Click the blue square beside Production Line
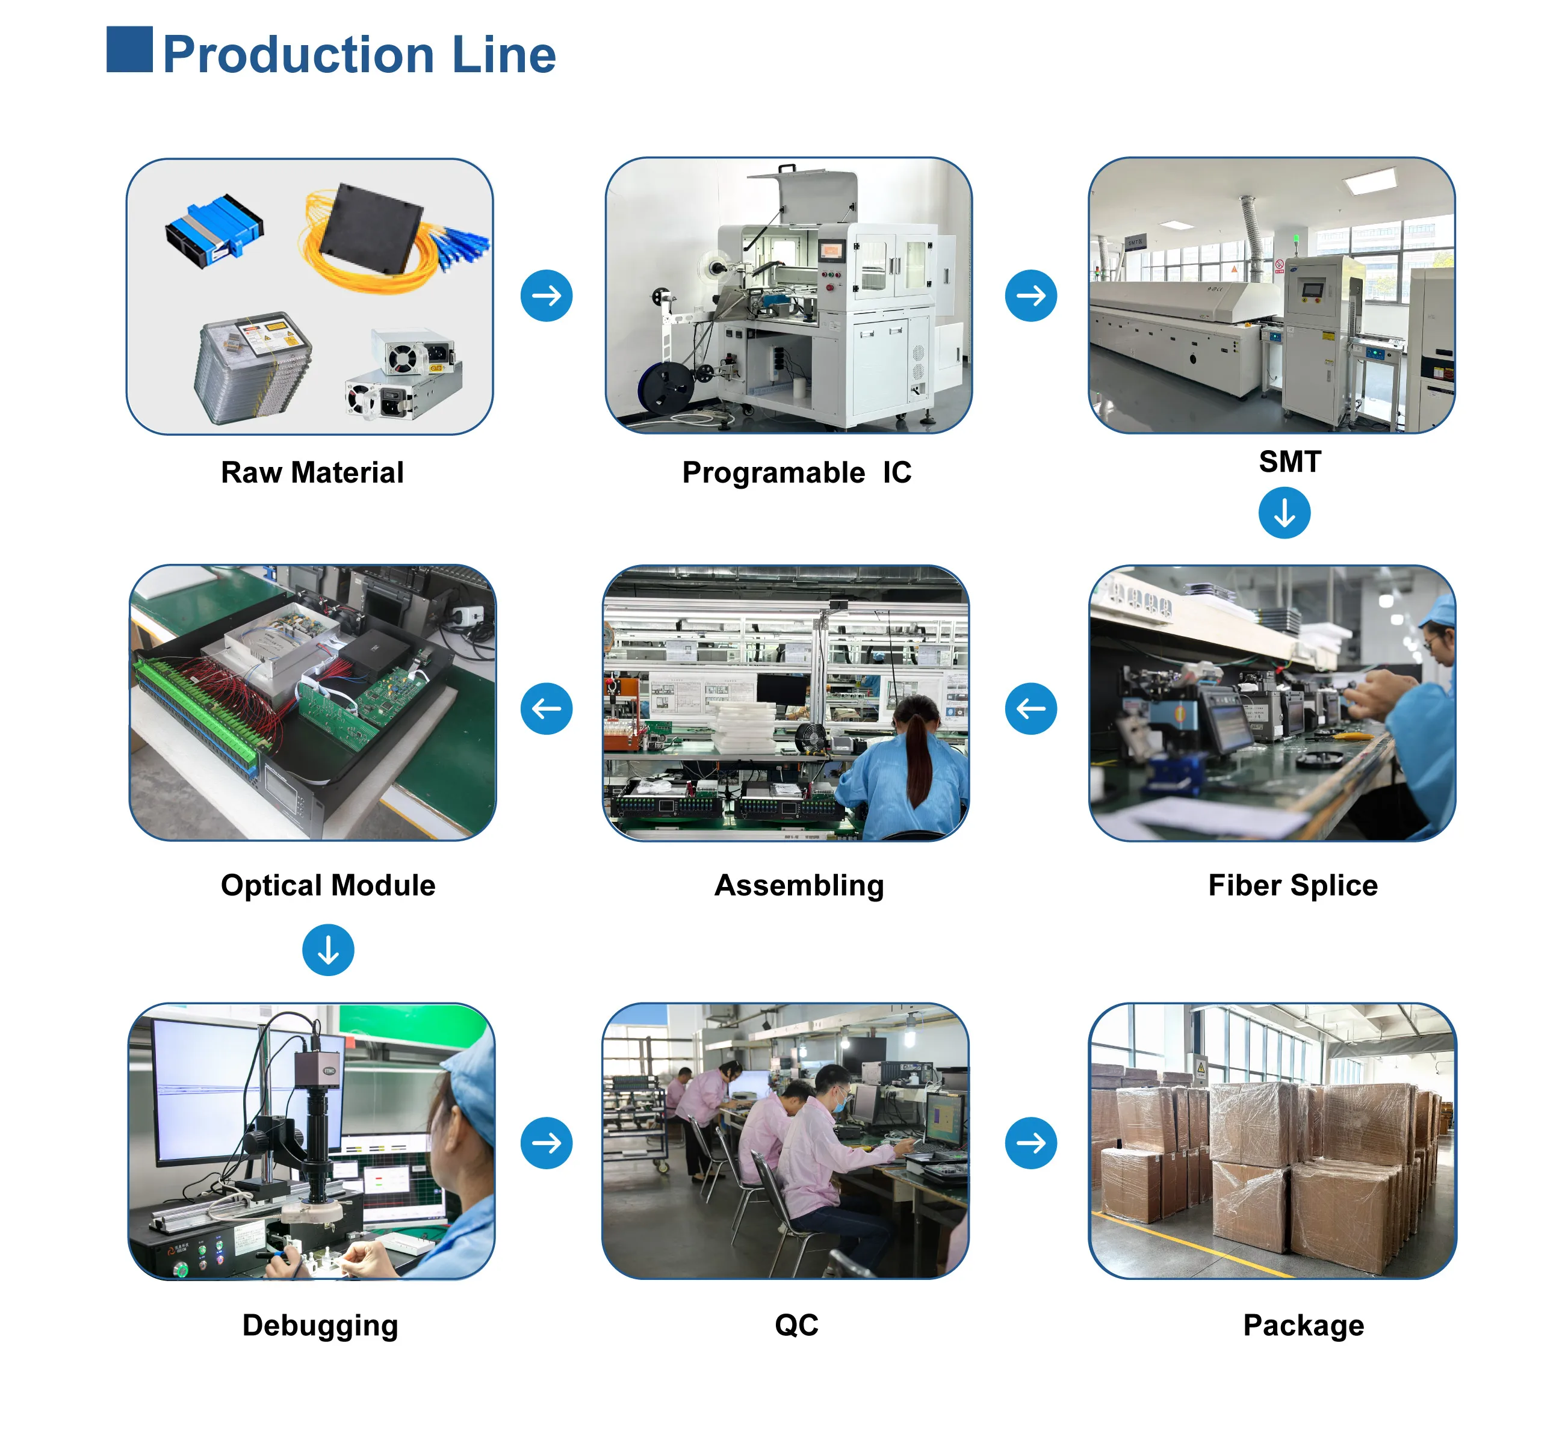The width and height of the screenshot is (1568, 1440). pyautogui.click(x=129, y=50)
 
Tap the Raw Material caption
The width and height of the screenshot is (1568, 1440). pyautogui.click(x=312, y=472)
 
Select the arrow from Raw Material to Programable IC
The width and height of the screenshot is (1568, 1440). pyautogui.click(x=547, y=295)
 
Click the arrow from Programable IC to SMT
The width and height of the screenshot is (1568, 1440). pyautogui.click(x=1031, y=295)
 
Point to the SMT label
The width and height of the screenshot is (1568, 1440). pyautogui.click(x=1290, y=462)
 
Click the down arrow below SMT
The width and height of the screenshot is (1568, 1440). pyautogui.click(x=1284, y=513)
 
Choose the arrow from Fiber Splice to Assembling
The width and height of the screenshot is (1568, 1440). pyautogui.click(x=1031, y=708)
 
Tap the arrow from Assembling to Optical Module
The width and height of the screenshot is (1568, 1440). pyautogui.click(x=547, y=708)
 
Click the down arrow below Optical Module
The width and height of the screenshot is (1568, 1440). pyautogui.click(x=328, y=950)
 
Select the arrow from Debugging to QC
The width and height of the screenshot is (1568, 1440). pyautogui.click(x=547, y=1143)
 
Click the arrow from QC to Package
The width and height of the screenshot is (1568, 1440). pyautogui.click(x=1031, y=1143)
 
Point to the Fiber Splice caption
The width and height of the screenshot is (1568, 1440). pyautogui.click(x=1293, y=886)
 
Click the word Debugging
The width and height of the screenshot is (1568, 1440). pyautogui.click(x=320, y=1326)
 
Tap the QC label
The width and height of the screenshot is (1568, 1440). pyautogui.click(x=796, y=1324)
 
